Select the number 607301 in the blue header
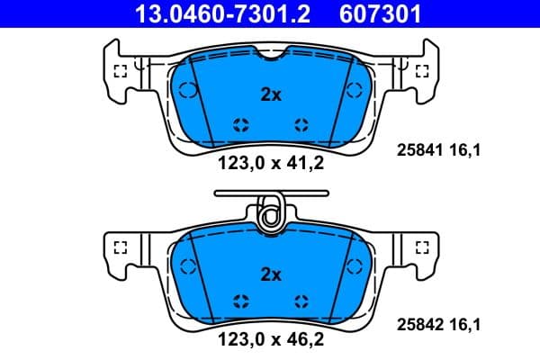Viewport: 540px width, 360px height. [x=379, y=13]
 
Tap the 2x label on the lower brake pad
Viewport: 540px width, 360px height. [x=271, y=274]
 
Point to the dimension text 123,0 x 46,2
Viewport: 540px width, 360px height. [x=271, y=341]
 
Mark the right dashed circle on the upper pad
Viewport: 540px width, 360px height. [x=354, y=89]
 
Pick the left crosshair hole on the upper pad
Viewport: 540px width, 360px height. [x=240, y=124]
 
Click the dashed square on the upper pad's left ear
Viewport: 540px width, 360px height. [x=120, y=71]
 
